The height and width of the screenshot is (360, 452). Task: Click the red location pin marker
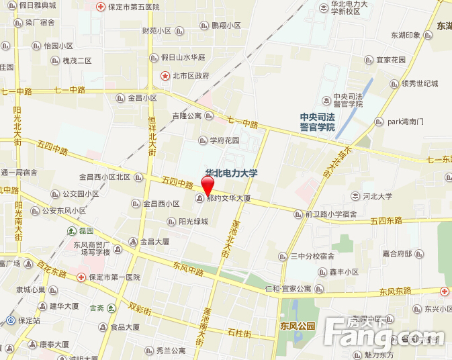point(208,185)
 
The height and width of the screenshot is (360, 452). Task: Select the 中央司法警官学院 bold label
point(317,122)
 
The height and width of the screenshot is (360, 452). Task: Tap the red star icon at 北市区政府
point(165,76)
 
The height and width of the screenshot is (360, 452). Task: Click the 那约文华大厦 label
point(228,199)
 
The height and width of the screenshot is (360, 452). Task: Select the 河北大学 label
point(377,197)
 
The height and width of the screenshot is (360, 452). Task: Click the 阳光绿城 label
point(193,222)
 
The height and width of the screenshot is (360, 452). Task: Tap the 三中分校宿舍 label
point(312,256)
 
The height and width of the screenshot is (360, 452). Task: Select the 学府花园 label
point(224,140)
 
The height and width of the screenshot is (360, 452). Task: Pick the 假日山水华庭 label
point(182,58)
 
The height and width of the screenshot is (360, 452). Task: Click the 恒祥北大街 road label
point(152,131)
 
